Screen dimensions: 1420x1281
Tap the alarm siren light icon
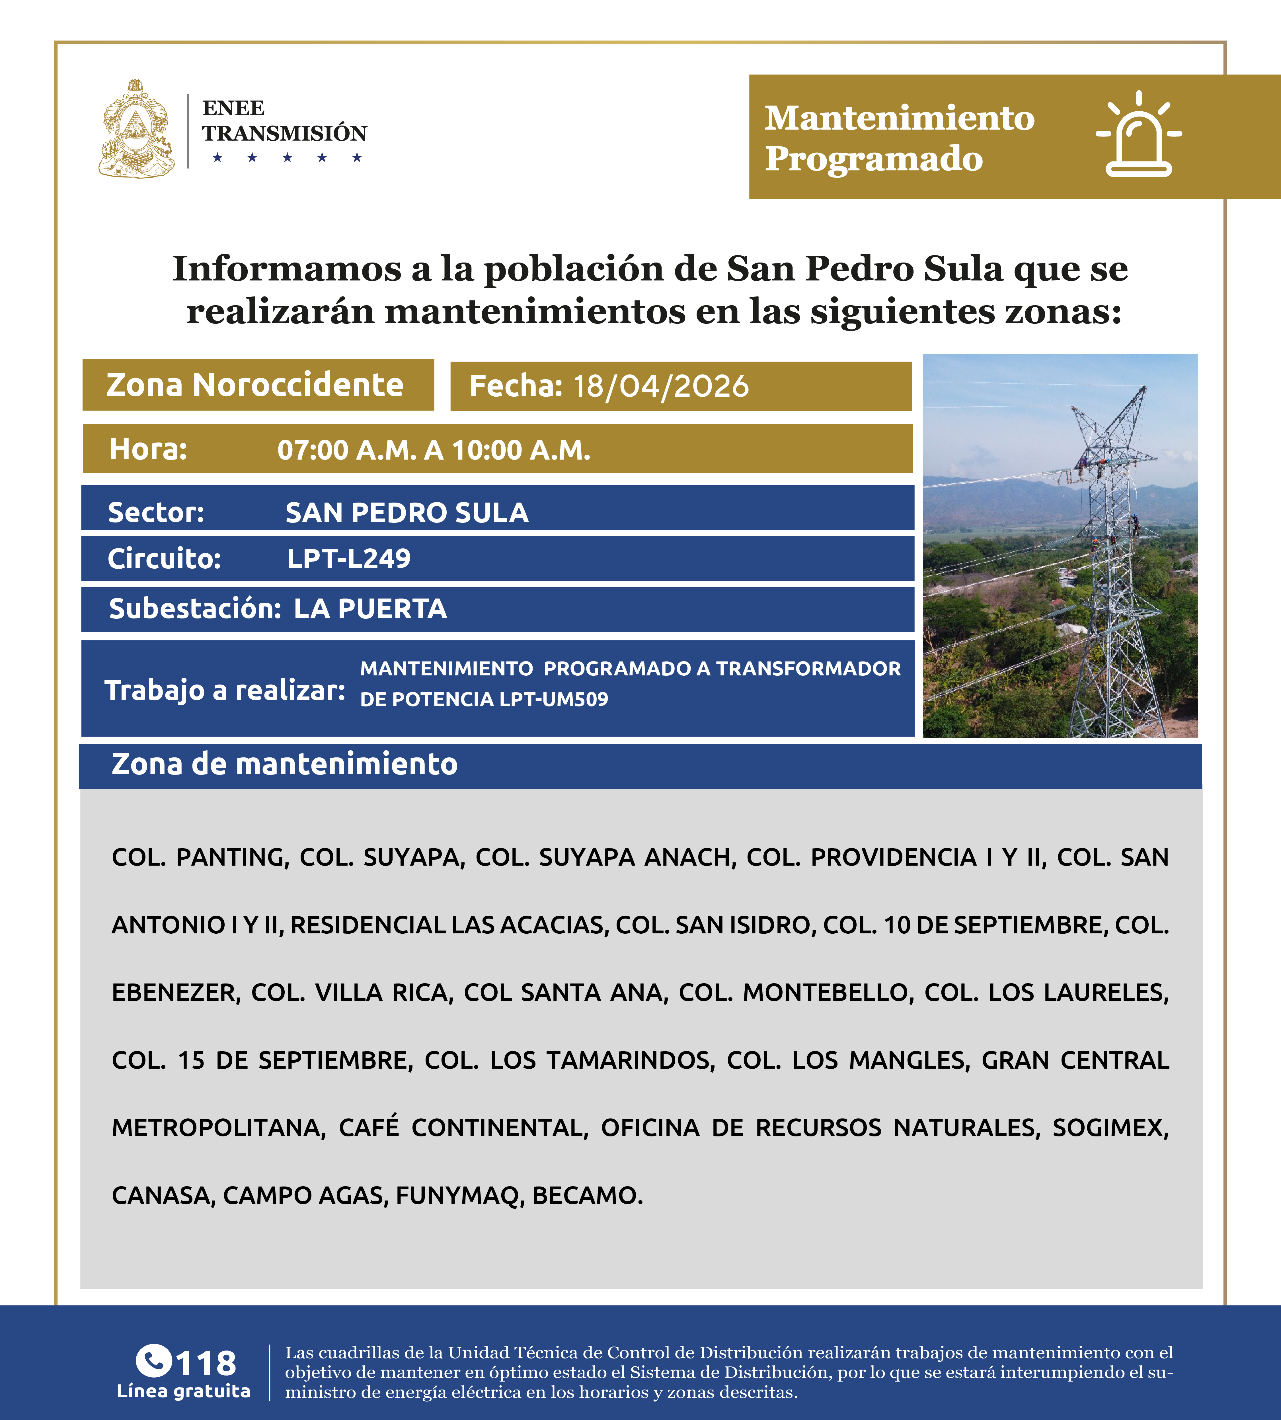tap(1138, 135)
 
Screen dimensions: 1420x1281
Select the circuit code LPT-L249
tap(348, 558)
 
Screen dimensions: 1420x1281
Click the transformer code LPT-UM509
tap(554, 700)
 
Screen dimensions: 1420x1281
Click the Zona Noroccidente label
tap(255, 385)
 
